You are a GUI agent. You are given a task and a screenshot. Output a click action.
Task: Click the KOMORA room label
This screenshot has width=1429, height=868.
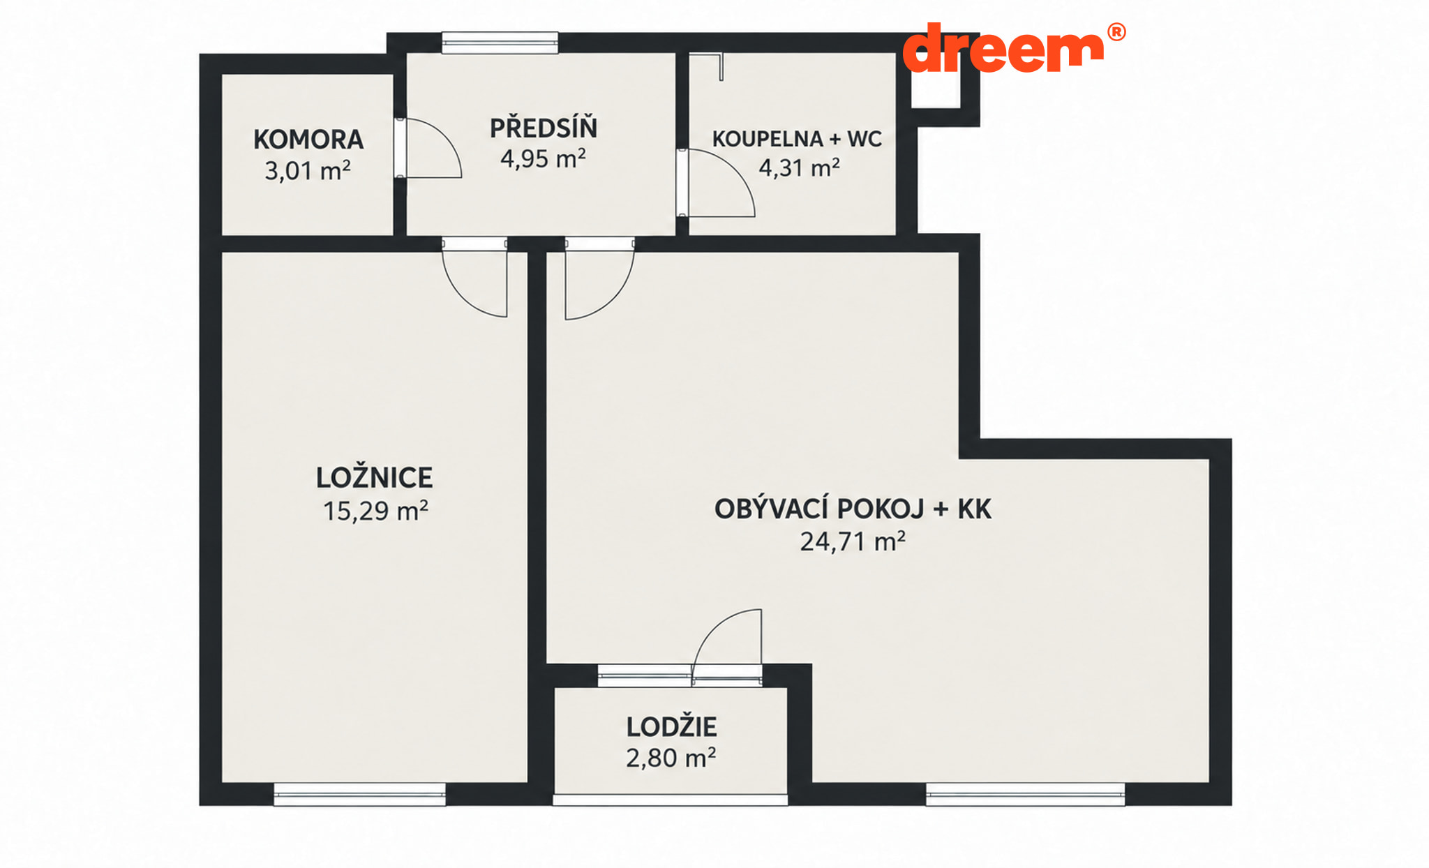[308, 140]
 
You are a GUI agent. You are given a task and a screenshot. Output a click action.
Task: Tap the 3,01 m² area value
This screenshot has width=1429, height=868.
[308, 170]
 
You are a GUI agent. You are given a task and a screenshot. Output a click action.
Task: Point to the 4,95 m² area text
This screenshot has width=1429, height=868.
[543, 158]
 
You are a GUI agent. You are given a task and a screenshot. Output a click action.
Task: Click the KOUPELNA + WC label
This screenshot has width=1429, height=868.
[797, 139]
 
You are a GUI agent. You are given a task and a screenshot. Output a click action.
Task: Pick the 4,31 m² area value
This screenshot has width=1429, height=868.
[799, 167]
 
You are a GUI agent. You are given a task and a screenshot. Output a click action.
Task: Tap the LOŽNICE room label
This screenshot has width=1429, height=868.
[375, 477]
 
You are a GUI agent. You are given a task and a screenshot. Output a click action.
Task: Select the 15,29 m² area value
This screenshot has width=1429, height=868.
[375, 511]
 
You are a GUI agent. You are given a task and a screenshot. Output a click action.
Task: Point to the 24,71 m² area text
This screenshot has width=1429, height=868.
[853, 541]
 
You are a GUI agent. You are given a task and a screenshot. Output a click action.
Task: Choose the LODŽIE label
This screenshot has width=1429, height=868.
[671, 726]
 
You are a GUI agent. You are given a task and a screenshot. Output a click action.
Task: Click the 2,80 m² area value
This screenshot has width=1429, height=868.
[671, 758]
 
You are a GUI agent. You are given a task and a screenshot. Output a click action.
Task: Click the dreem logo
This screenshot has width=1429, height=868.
[1003, 48]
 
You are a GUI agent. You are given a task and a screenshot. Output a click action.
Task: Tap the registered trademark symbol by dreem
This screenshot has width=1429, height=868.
[1116, 32]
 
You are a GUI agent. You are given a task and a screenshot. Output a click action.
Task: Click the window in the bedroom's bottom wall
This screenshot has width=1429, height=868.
[359, 794]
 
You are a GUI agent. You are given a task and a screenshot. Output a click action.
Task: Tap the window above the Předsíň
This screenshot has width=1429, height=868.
[500, 43]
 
